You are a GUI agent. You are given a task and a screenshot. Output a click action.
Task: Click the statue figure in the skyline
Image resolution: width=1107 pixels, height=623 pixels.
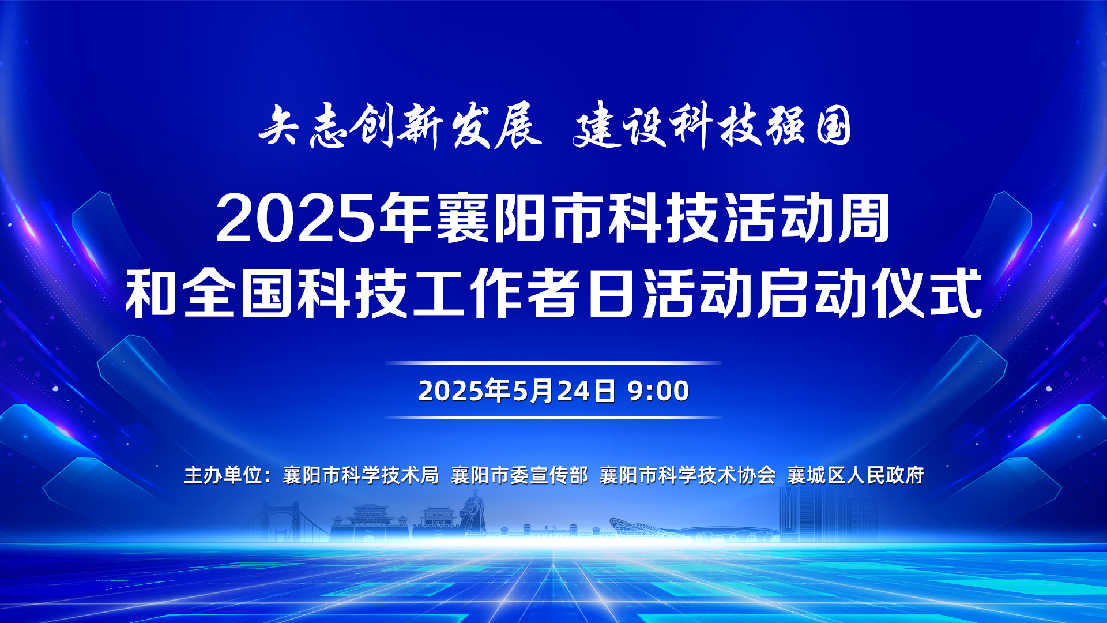pyautogui.click(x=473, y=512)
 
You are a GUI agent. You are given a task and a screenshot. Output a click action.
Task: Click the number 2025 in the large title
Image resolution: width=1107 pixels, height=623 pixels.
pyautogui.click(x=296, y=219)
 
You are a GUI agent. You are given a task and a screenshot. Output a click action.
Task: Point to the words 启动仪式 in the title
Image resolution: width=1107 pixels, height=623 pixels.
pyautogui.click(x=869, y=294)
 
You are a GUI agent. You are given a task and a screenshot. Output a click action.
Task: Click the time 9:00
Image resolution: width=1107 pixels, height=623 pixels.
pyautogui.click(x=658, y=391)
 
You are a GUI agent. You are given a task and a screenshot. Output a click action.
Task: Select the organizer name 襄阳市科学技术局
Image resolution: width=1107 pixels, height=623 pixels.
pyautogui.click(x=361, y=475)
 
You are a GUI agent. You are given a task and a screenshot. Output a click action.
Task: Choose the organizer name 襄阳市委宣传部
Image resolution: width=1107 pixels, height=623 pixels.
pyautogui.click(x=519, y=475)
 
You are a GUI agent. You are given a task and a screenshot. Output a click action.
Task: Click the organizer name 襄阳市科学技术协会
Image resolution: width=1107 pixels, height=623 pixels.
pyautogui.click(x=688, y=475)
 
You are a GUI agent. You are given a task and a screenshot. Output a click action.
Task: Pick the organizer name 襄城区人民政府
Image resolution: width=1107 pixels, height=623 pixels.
pyautogui.click(x=856, y=475)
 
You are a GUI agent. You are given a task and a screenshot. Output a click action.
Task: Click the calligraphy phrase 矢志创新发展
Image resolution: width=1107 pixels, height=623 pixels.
pyautogui.click(x=400, y=126)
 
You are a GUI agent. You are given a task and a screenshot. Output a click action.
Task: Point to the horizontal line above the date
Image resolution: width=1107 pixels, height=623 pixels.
pyautogui.click(x=553, y=363)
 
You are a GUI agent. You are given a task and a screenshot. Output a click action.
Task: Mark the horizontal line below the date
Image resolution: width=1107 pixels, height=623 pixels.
pyautogui.click(x=553, y=417)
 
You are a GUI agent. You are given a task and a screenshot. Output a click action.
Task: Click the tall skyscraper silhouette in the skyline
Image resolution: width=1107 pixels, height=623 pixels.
pyautogui.click(x=798, y=513)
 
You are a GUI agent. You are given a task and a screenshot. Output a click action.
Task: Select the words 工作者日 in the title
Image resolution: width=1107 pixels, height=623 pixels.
pyautogui.click(x=526, y=294)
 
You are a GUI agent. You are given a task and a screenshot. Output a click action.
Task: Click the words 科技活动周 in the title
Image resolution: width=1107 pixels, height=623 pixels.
pyautogui.click(x=749, y=219)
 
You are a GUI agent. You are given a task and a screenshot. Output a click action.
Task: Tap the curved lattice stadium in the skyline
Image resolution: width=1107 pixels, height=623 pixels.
pyautogui.click(x=649, y=529)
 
